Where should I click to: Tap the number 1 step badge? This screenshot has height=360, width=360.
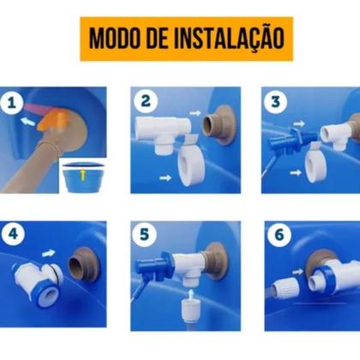11,104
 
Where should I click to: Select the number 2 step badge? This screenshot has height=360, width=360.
146,100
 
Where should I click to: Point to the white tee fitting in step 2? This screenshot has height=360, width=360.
163,129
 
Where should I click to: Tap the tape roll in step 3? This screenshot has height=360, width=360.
315,159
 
